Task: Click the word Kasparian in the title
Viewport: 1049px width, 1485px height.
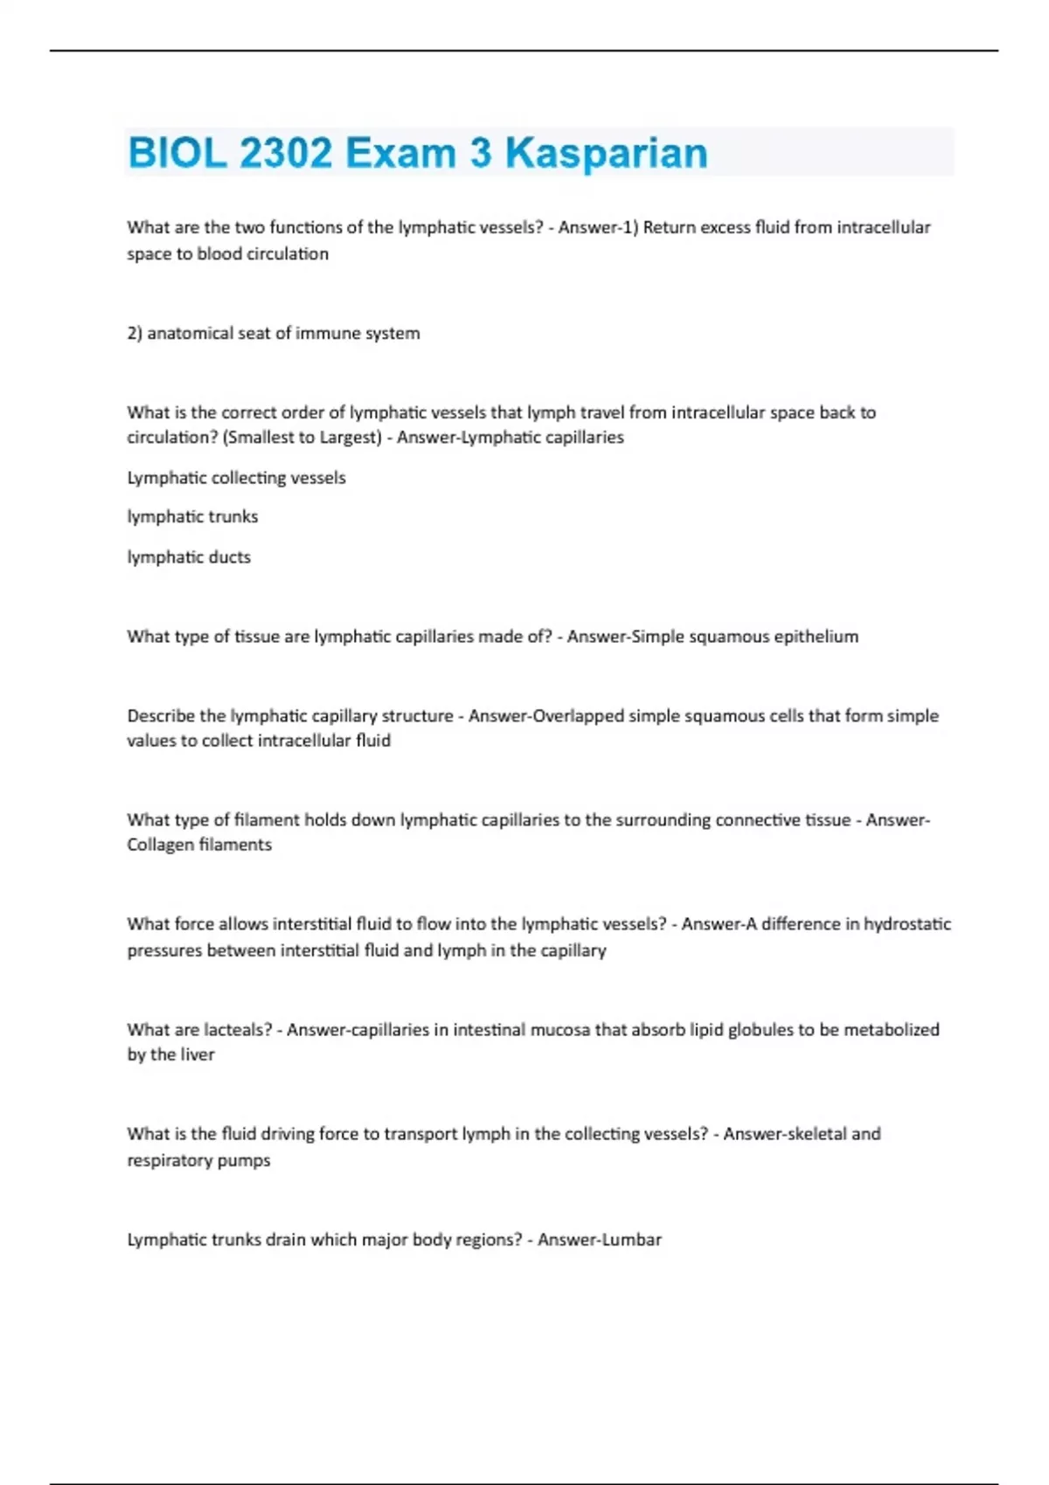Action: coord(606,153)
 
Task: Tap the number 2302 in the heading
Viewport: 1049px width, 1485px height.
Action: coord(285,153)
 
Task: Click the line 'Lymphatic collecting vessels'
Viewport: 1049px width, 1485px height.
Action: coord(236,478)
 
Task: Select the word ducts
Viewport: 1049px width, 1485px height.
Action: coord(228,557)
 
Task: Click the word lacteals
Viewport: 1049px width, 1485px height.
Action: coord(237,1030)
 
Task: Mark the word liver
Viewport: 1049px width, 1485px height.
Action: coord(197,1054)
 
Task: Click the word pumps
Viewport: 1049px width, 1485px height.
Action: coord(251,1161)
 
